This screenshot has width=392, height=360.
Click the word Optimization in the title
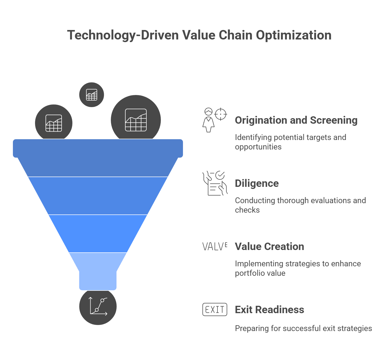coord(294,35)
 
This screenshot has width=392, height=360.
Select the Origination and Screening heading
coord(296,120)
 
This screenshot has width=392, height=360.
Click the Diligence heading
coord(257,183)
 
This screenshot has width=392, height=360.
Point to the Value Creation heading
coord(269,247)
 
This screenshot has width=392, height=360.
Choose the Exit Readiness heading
coord(269,310)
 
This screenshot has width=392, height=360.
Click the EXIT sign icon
coord(215,309)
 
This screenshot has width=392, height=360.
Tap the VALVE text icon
coord(215,247)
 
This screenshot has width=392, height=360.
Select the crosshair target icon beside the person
coord(221,114)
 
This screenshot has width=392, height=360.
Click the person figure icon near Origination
coord(209,120)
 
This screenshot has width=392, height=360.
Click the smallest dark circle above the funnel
coord(92,95)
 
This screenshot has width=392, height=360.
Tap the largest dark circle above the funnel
coord(136,120)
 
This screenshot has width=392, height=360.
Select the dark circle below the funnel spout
coord(98,307)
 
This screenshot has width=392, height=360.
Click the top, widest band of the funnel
coord(98,158)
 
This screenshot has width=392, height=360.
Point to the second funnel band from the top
coord(98,196)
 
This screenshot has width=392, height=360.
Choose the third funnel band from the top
coord(98,233)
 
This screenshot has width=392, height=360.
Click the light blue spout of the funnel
coord(98,274)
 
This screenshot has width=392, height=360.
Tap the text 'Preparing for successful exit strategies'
coord(303,328)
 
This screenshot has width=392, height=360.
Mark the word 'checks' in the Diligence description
coord(247,210)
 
